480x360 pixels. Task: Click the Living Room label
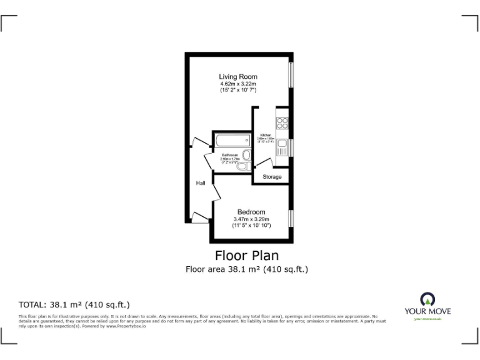pyautogui.click(x=238, y=77)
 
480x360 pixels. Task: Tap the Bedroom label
pyautogui.click(x=251, y=212)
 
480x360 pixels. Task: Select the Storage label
pyautogui.click(x=272, y=177)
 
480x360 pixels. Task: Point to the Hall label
pyautogui.click(x=201, y=183)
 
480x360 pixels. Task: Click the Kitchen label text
pyautogui.click(x=266, y=135)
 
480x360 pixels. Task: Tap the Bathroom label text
pyautogui.click(x=229, y=155)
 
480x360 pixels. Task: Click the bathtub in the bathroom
pyautogui.click(x=232, y=140)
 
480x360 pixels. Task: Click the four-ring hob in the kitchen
pyautogui.click(x=282, y=123)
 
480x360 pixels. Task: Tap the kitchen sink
pyautogui.click(x=282, y=148)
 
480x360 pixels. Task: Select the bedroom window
pyautogui.click(x=290, y=218)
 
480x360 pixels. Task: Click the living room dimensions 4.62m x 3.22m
pyautogui.click(x=238, y=84)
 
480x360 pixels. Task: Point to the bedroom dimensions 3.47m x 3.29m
pyautogui.click(x=251, y=219)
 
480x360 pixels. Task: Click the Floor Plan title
pyautogui.click(x=247, y=255)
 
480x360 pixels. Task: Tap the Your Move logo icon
pyautogui.click(x=428, y=299)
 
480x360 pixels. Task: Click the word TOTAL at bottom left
pyautogui.click(x=32, y=305)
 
